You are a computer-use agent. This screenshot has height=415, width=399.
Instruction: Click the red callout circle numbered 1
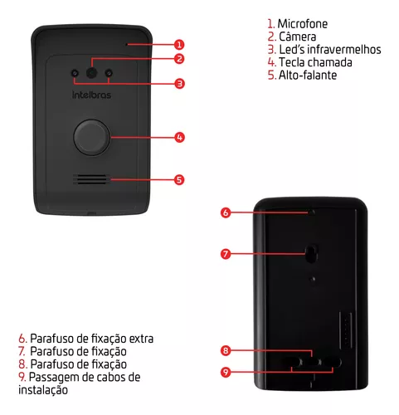179,45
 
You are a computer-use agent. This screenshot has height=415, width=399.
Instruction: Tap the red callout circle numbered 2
179,59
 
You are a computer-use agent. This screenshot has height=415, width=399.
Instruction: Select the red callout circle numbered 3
179,84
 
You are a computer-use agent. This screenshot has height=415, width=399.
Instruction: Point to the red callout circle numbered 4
179,137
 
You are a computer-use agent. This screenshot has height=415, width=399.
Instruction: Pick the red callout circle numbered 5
179,179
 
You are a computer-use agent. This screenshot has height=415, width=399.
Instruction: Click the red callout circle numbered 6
226,212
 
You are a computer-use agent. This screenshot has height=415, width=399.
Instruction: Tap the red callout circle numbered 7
226,254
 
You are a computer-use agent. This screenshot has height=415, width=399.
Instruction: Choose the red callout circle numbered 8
226,350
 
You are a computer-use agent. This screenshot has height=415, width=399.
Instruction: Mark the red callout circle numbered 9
226,372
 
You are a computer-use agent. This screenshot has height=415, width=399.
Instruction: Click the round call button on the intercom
92,137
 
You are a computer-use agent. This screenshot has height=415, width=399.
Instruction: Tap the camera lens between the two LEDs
91,73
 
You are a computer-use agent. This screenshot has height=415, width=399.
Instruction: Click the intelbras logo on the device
91,95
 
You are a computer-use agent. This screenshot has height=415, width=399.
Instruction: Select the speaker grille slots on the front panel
91,179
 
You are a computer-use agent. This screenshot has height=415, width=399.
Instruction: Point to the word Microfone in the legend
303,24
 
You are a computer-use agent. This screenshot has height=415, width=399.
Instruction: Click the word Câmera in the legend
298,37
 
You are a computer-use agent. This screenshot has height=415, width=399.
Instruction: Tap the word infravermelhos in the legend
344,50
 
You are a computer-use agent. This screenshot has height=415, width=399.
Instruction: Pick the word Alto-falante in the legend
308,75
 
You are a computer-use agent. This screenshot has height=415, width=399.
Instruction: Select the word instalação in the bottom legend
43,390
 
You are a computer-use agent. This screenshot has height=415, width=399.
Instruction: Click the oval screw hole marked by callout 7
311,253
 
